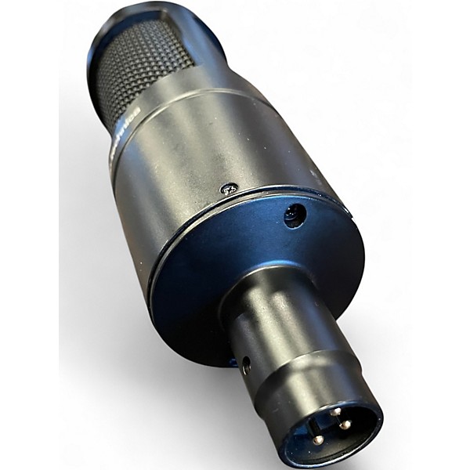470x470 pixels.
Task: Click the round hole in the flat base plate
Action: tap(295, 215)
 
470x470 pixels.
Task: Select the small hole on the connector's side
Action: tap(246, 364)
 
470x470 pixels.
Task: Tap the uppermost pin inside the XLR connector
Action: tap(335, 411)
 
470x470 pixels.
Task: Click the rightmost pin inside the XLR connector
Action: tap(345, 425)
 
